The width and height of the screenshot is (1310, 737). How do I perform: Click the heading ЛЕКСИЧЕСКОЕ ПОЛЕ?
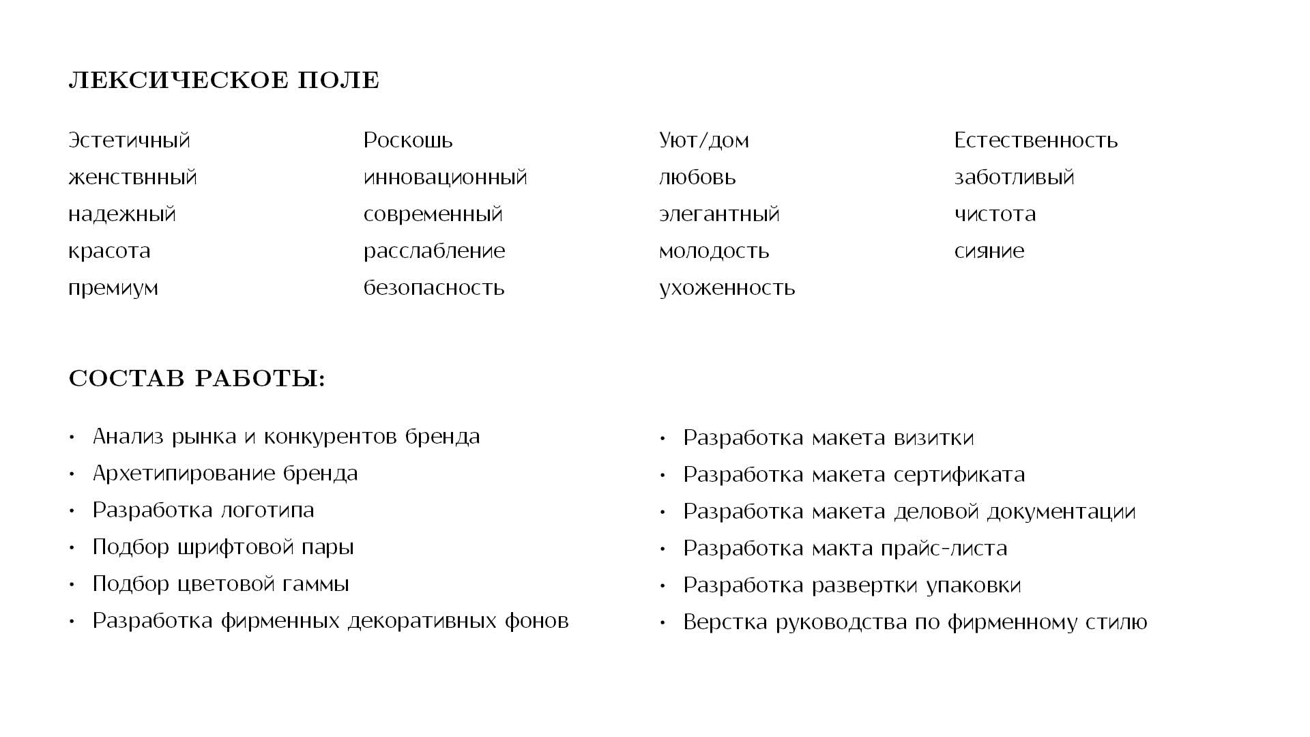pos(224,81)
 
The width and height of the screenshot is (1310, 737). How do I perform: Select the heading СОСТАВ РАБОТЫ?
pos(197,379)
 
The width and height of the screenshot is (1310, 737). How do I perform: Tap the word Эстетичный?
pos(129,141)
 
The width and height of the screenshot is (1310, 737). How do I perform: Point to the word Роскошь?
pos(408,141)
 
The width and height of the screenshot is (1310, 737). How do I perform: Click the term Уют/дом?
pos(703,141)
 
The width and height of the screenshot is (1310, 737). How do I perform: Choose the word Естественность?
pos(1036,141)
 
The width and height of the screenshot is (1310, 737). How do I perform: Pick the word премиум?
pos(113,288)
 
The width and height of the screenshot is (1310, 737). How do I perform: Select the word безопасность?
pos(434,288)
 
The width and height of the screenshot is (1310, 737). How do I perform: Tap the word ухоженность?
pos(727,288)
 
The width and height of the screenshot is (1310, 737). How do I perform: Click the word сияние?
pos(989,251)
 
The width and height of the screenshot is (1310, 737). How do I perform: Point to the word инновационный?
pos(446,177)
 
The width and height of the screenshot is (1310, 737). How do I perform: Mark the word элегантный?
pos(719,214)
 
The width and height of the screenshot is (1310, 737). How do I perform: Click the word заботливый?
pos(1014,177)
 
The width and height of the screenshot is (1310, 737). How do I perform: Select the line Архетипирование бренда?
pos(225,474)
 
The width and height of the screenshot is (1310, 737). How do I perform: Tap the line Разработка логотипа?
pos(203,510)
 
